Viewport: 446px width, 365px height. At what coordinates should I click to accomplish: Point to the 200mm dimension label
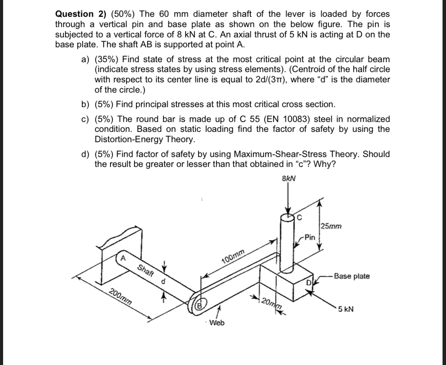[x=122, y=295]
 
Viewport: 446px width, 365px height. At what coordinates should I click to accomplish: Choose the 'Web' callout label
[x=217, y=323]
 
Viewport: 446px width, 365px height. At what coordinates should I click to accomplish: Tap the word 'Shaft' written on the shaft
[x=145, y=270]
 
